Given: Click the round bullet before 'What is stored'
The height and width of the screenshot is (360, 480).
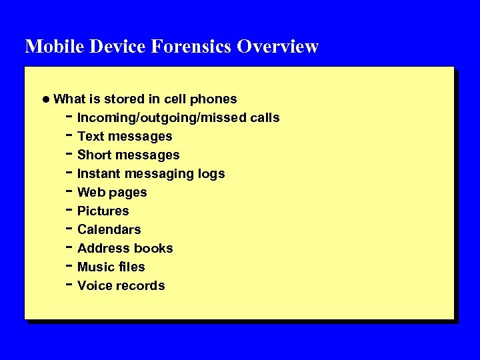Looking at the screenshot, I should point(45,99).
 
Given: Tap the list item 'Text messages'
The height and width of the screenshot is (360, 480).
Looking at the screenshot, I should point(125,137).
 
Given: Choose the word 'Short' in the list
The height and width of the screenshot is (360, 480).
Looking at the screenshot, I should point(94,155).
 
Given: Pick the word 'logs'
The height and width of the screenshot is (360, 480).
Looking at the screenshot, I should point(211,174).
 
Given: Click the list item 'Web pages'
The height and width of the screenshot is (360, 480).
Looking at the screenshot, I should point(112,193).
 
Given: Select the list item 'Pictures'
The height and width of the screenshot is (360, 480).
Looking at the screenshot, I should point(103,211).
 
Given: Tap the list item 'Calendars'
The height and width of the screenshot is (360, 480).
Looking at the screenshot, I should point(109,230).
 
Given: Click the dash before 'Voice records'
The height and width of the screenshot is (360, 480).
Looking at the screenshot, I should point(69,285).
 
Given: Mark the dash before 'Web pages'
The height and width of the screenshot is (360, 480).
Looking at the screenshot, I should point(69,191).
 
